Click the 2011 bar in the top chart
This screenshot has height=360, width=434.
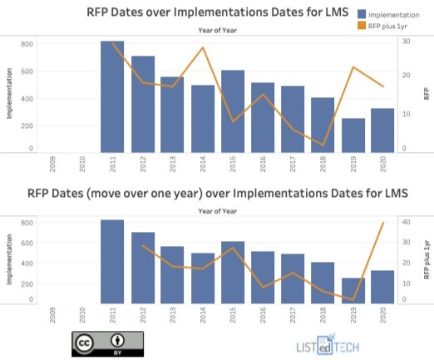(x=112, y=96)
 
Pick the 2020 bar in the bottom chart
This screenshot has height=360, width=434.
(x=382, y=288)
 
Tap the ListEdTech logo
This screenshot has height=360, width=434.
(x=333, y=346)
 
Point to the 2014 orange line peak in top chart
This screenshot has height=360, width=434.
(x=203, y=47)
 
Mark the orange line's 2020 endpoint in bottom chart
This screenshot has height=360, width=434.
(x=382, y=223)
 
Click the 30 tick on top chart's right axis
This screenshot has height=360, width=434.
(x=405, y=41)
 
